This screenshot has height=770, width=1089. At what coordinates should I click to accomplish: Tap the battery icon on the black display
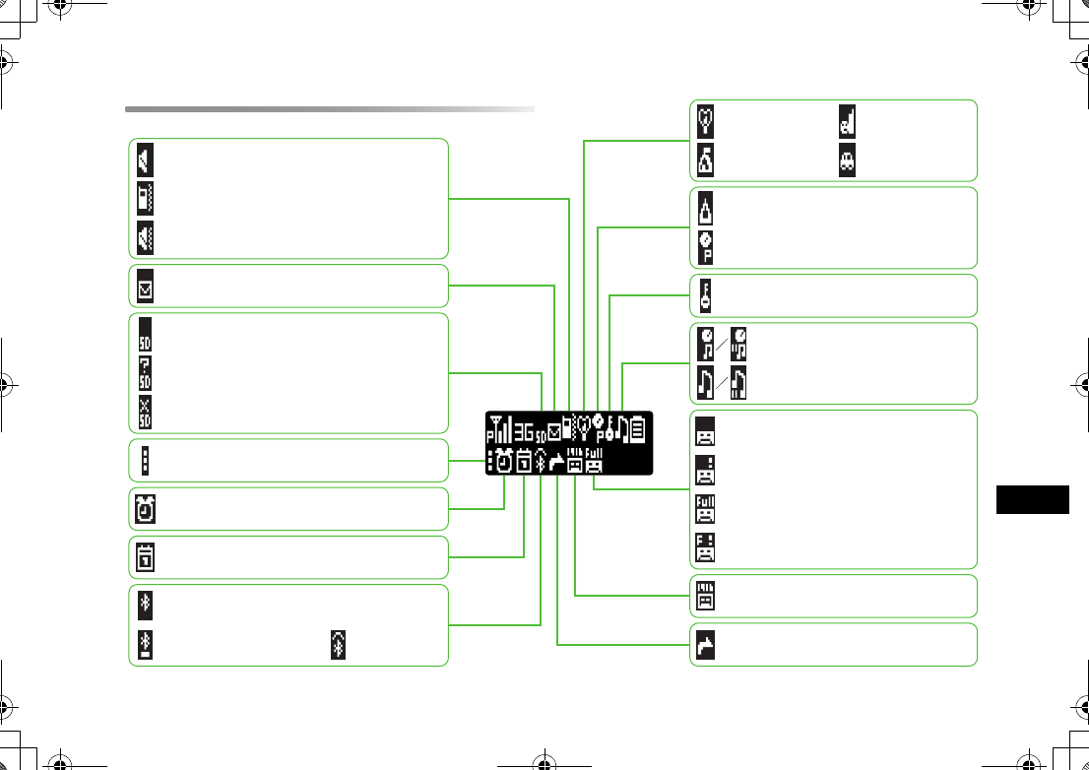(x=638, y=428)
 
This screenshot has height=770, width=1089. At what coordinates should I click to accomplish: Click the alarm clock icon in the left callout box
(x=144, y=509)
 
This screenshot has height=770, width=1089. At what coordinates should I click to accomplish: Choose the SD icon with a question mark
(x=145, y=371)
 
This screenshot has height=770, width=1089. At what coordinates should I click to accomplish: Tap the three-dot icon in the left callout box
(x=145, y=461)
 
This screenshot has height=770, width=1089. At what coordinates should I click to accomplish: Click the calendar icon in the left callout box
(x=144, y=557)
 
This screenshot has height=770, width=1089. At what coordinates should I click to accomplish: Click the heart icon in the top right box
(x=706, y=120)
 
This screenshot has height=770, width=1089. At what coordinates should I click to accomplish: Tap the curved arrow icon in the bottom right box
(x=705, y=644)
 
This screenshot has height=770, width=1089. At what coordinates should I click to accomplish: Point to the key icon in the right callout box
(x=705, y=294)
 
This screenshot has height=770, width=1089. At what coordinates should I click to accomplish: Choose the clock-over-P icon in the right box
(x=705, y=246)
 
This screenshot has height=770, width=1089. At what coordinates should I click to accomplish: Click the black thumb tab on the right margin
(x=1031, y=499)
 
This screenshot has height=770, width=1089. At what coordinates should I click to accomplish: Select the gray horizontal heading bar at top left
(x=330, y=109)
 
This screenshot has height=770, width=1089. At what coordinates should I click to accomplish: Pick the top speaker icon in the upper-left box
(x=145, y=160)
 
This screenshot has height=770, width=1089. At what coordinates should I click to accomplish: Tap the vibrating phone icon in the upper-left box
(x=145, y=198)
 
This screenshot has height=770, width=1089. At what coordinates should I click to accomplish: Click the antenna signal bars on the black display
(x=499, y=428)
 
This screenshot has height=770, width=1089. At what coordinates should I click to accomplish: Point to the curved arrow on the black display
(x=556, y=461)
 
